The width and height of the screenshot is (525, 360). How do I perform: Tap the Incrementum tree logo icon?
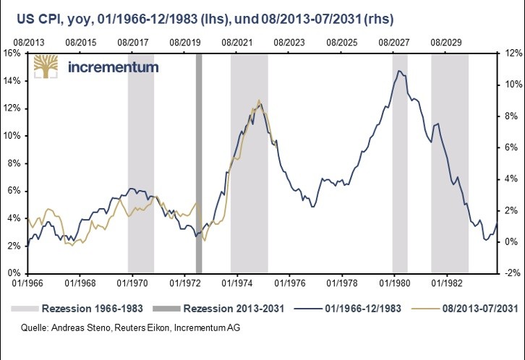(x=48, y=68)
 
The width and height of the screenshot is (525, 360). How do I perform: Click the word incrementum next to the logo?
(x=112, y=69)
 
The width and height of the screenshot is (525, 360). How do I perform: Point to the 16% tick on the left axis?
(x=12, y=53)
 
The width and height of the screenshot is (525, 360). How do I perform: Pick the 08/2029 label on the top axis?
(x=446, y=43)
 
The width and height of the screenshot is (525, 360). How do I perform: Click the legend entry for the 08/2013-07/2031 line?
(x=474, y=308)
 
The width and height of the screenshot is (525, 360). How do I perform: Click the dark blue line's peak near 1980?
(x=398, y=71)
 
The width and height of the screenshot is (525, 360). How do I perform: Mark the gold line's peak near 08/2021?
(x=259, y=100)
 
